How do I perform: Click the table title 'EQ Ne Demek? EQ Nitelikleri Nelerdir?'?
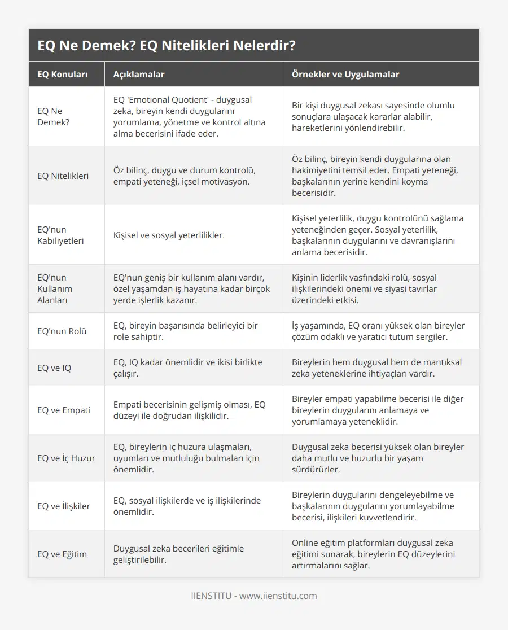(166, 46)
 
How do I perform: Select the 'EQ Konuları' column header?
(62, 75)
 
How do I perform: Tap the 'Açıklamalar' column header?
(139, 75)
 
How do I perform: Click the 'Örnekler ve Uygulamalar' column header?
(345, 75)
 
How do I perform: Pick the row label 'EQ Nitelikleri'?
(63, 176)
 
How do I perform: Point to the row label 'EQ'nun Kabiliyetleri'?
(60, 235)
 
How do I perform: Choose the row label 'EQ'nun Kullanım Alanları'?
(55, 288)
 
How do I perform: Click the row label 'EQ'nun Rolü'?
(62, 331)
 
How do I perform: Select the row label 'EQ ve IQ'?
(54, 368)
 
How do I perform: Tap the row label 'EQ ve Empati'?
(63, 410)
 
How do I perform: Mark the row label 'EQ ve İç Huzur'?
(66, 458)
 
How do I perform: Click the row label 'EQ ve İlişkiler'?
(63, 506)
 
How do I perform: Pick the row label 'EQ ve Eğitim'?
(62, 554)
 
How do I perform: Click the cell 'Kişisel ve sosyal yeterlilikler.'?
(169, 235)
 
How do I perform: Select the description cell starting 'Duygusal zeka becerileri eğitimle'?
(178, 554)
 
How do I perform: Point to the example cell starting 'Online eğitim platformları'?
(373, 554)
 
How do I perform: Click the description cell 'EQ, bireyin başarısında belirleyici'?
(185, 331)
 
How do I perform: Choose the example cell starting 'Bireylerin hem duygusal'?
(377, 368)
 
